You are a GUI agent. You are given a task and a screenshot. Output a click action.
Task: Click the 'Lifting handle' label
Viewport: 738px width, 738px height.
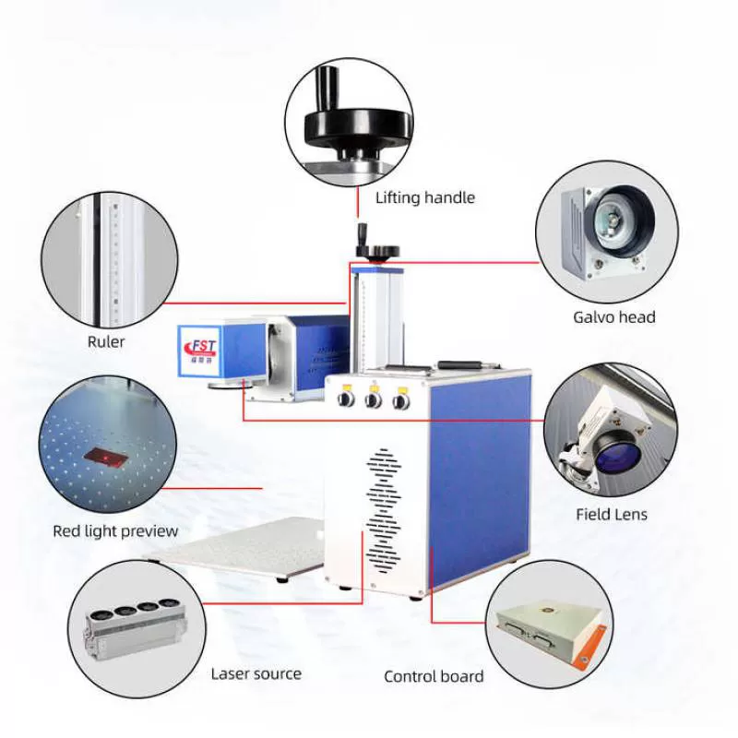click(424, 197)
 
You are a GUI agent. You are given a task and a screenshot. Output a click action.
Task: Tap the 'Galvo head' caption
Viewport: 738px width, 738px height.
click(613, 317)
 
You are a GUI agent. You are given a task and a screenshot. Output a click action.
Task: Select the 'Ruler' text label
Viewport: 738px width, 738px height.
click(106, 342)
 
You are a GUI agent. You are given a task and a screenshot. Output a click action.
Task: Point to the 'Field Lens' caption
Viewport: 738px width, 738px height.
click(612, 515)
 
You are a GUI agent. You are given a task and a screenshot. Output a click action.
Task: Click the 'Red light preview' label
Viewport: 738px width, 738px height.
click(115, 531)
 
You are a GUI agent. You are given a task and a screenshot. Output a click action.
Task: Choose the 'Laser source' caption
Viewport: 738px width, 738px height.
click(256, 673)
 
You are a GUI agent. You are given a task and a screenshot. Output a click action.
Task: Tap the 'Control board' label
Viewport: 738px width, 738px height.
click(434, 677)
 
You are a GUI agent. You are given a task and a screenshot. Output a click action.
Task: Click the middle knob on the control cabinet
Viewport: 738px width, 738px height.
click(374, 400)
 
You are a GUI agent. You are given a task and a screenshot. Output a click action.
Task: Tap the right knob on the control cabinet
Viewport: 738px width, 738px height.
click(400, 400)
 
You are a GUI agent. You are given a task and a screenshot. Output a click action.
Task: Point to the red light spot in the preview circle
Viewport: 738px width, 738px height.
click(102, 456)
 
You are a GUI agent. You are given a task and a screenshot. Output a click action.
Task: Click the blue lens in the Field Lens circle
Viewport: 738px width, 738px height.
click(609, 452)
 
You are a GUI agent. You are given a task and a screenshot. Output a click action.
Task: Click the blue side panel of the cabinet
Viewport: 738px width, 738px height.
click(480, 480)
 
